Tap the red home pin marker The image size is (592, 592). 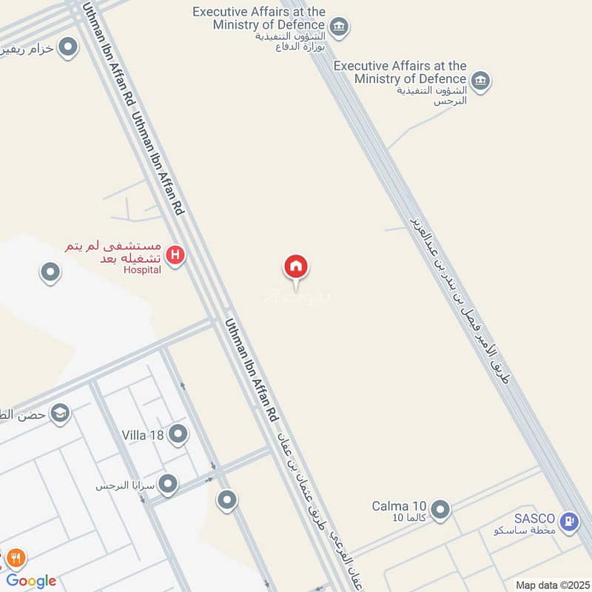point(296,266)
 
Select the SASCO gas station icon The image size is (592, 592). point(569,522)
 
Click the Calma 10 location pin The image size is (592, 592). point(440,509)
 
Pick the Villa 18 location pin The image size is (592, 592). point(178,434)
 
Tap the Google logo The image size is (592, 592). point(31,581)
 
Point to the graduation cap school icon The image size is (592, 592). point(60,413)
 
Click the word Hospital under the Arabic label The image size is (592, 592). point(142,270)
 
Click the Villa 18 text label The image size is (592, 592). point(144,435)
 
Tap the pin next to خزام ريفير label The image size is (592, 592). point(69,48)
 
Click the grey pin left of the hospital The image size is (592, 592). point(50,273)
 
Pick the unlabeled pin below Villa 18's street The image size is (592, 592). point(226,500)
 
